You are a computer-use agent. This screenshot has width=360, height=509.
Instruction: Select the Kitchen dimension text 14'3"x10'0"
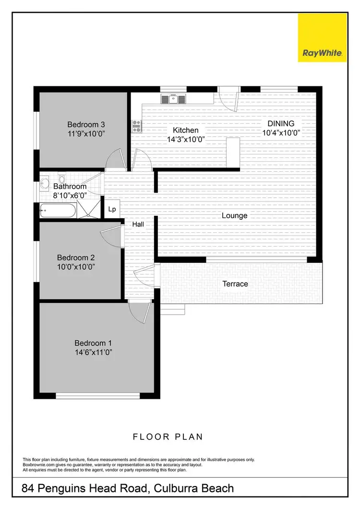[x=186, y=139]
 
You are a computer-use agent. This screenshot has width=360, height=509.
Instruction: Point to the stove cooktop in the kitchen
[x=136, y=126]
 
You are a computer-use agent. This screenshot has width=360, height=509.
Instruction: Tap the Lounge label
[x=234, y=215]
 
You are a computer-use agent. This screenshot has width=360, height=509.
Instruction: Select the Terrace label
[x=235, y=284]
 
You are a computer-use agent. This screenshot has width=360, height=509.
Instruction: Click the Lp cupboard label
[x=112, y=209]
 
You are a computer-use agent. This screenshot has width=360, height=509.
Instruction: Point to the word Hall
[x=138, y=224]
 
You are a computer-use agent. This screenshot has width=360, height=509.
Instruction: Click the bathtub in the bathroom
[x=57, y=210]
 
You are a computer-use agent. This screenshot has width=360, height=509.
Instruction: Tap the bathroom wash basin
[x=45, y=182]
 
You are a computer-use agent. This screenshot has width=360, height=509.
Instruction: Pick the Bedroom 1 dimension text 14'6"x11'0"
[x=93, y=353]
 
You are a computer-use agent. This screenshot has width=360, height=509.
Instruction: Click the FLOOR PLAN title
[x=168, y=437]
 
